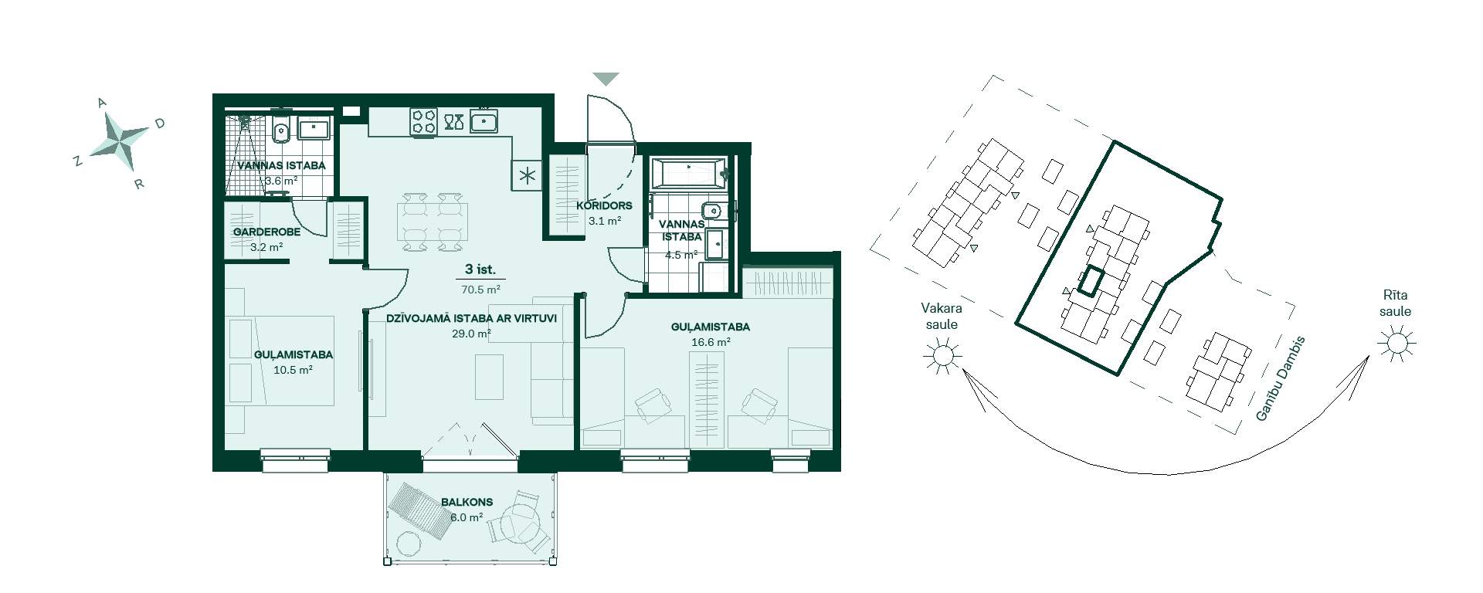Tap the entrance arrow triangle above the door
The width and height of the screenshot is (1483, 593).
click(x=606, y=79)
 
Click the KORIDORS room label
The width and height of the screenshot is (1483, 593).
click(x=604, y=206)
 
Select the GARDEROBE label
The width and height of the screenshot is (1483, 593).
click(x=266, y=232)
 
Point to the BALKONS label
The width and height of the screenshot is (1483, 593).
click(x=467, y=502)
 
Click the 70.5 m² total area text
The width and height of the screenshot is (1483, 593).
click(x=480, y=290)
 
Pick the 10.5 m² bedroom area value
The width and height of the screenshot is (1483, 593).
click(x=293, y=370)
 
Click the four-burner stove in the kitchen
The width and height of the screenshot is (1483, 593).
click(x=423, y=122)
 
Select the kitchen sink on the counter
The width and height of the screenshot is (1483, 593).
click(x=484, y=120)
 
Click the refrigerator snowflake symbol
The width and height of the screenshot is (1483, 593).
click(x=528, y=175)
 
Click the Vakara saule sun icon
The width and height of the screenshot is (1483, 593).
click(x=942, y=355)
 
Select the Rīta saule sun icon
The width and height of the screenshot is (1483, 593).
click(x=1396, y=341)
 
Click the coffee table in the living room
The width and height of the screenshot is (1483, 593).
click(x=489, y=377)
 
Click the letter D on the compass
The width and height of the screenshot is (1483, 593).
click(x=161, y=123)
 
